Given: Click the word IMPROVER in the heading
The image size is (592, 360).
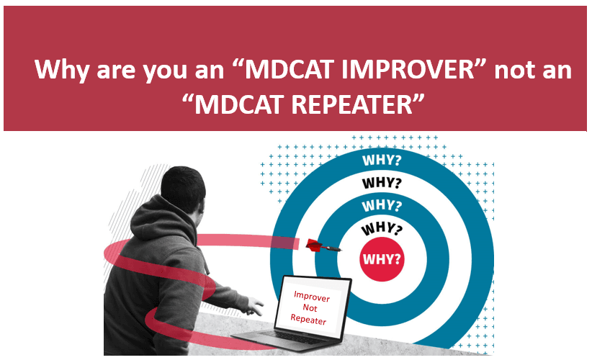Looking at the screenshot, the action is click(408, 70).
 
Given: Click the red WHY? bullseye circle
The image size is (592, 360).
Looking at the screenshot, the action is click(382, 259).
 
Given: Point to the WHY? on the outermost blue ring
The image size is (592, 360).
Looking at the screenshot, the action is click(382, 161).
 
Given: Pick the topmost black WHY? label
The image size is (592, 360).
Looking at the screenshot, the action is click(382, 183).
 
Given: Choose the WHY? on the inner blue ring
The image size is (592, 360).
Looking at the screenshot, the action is click(382, 206).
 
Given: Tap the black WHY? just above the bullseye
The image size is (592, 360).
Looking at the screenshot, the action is click(382, 228).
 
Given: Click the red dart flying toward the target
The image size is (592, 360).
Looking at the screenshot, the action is click(323, 246).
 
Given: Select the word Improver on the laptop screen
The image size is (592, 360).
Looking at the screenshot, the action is click(311, 297).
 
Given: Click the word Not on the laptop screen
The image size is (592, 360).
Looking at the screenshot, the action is click(310, 308).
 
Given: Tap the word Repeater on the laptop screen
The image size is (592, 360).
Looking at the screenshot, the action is click(308, 319).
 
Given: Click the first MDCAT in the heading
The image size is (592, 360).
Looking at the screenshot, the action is click(288, 70).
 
